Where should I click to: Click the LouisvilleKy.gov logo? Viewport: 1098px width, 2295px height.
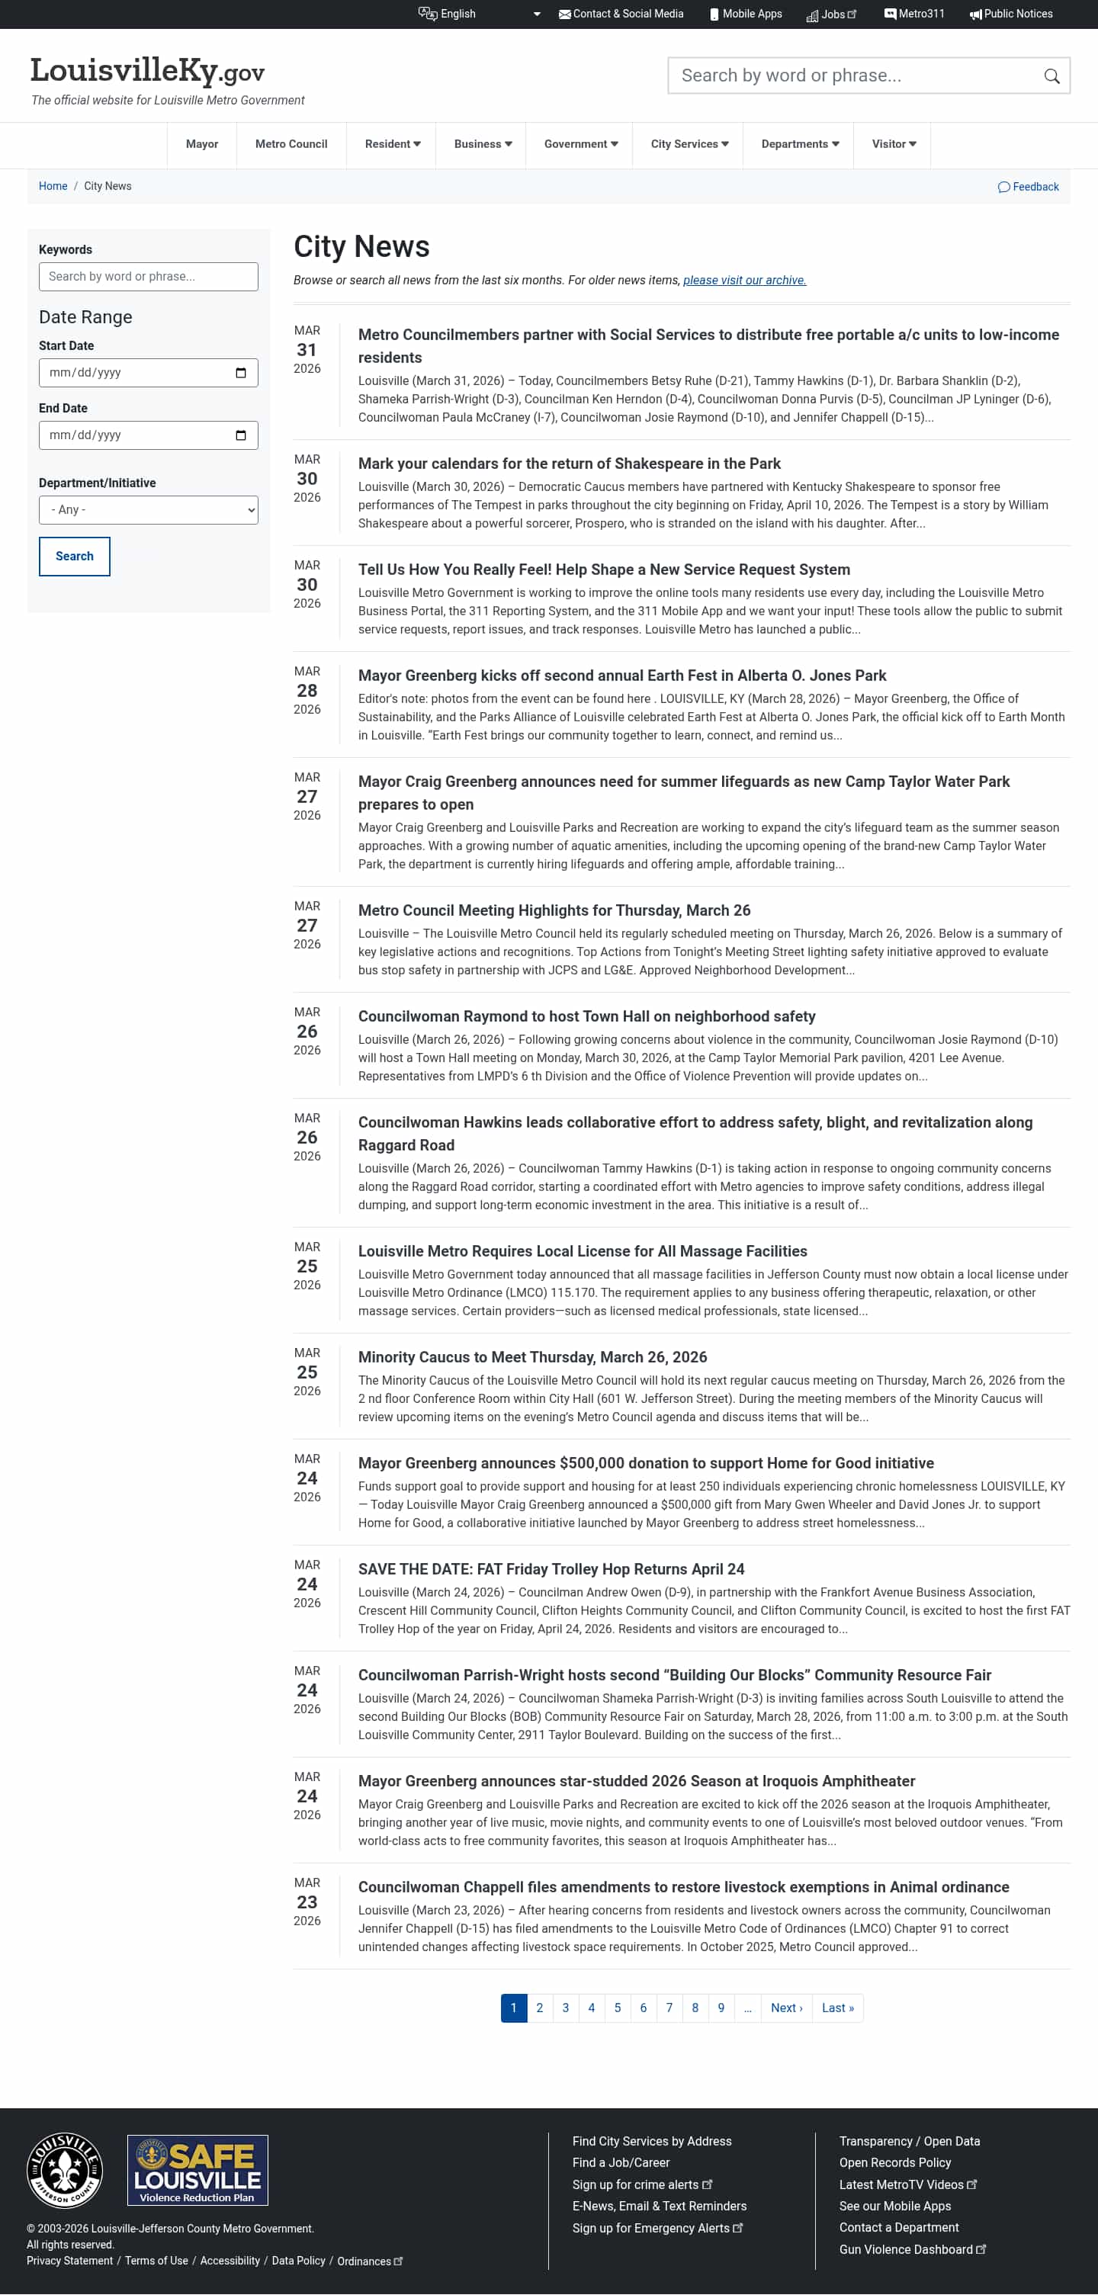147,70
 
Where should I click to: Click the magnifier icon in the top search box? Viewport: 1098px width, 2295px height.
1051,76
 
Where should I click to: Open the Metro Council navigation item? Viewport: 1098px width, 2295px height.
291,144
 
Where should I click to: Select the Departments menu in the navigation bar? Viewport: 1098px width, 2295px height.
799,144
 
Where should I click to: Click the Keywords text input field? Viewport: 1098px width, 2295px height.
148,277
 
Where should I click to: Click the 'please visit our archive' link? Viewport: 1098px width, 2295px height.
744,281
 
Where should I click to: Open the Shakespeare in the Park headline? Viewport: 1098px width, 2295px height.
569,464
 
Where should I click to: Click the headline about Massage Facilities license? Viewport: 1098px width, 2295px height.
582,1252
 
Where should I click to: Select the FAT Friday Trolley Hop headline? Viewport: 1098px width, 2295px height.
551,1570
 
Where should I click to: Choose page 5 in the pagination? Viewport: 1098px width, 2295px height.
617,2008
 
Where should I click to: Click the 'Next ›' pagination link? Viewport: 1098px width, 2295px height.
786,2008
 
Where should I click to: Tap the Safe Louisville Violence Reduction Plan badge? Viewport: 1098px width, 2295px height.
197,2170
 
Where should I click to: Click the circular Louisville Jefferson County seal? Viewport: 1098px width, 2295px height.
65,2170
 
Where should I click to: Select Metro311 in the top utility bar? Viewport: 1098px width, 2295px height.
913,14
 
